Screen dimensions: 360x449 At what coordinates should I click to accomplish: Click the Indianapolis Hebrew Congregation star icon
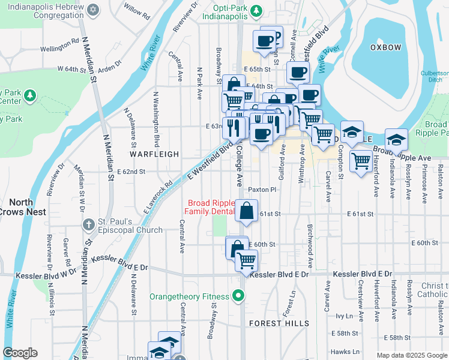pos(92,10)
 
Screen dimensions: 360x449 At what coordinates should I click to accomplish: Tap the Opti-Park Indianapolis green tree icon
pos(256,10)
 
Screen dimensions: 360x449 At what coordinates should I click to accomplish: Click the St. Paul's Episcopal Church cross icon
pos(88,225)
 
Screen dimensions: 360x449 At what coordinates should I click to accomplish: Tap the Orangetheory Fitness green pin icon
pos(239,296)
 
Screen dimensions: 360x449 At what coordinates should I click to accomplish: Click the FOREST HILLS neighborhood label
pos(279,323)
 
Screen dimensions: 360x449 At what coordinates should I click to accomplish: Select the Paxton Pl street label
pos(262,190)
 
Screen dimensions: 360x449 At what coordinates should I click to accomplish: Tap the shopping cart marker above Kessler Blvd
pos(246,261)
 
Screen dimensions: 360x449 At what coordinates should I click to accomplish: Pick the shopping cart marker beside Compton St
pos(361,161)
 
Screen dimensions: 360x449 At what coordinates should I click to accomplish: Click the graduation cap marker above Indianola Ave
pos(396,140)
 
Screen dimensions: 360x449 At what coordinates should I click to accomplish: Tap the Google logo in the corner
pos(20,353)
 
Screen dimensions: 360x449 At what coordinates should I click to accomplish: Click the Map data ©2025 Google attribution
pos(411,355)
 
